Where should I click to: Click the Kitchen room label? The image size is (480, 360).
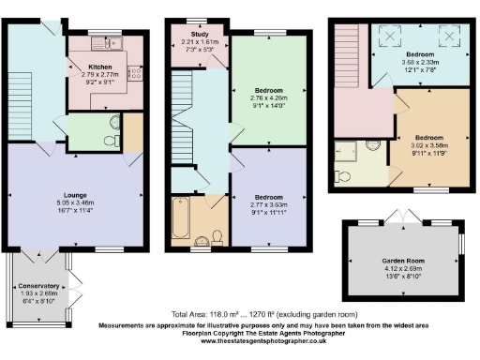(100, 67)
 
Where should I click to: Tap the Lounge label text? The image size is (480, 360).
(75, 194)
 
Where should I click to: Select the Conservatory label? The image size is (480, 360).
(39, 285)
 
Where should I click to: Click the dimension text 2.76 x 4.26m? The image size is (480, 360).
(269, 97)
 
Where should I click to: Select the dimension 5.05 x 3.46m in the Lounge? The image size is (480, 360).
(75, 202)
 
